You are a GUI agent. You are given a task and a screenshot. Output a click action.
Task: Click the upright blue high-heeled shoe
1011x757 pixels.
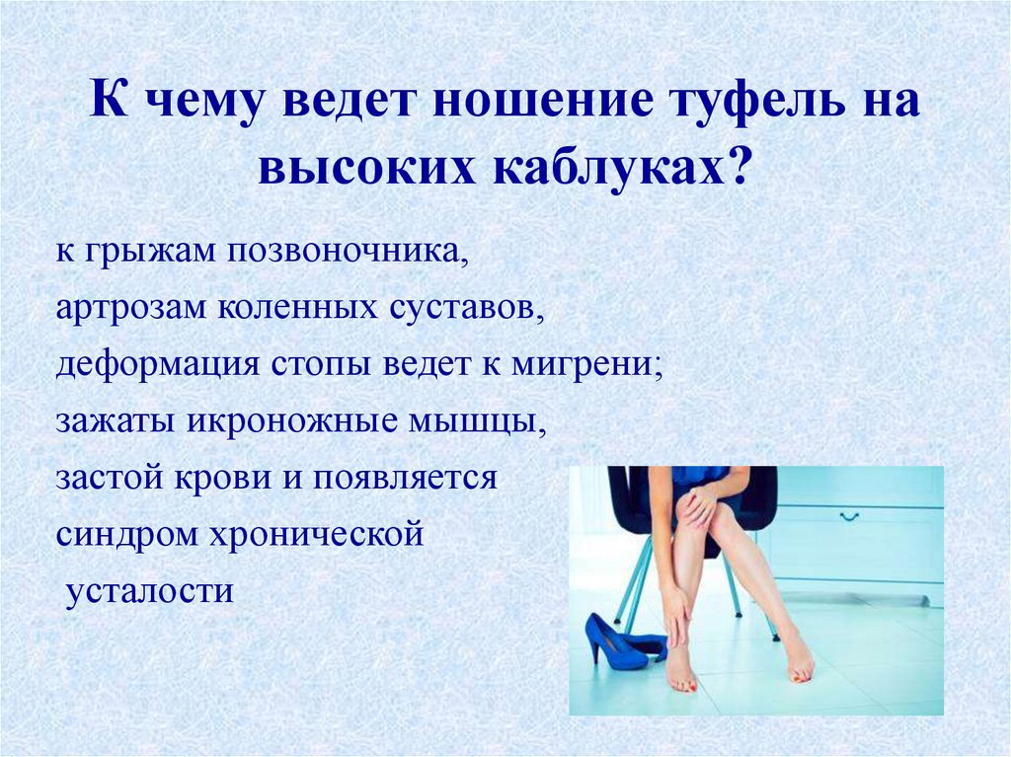[612, 642]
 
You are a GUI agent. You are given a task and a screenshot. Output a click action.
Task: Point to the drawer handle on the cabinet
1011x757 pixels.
[851, 515]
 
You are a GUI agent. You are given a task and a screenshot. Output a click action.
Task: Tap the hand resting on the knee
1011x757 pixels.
[699, 506]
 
